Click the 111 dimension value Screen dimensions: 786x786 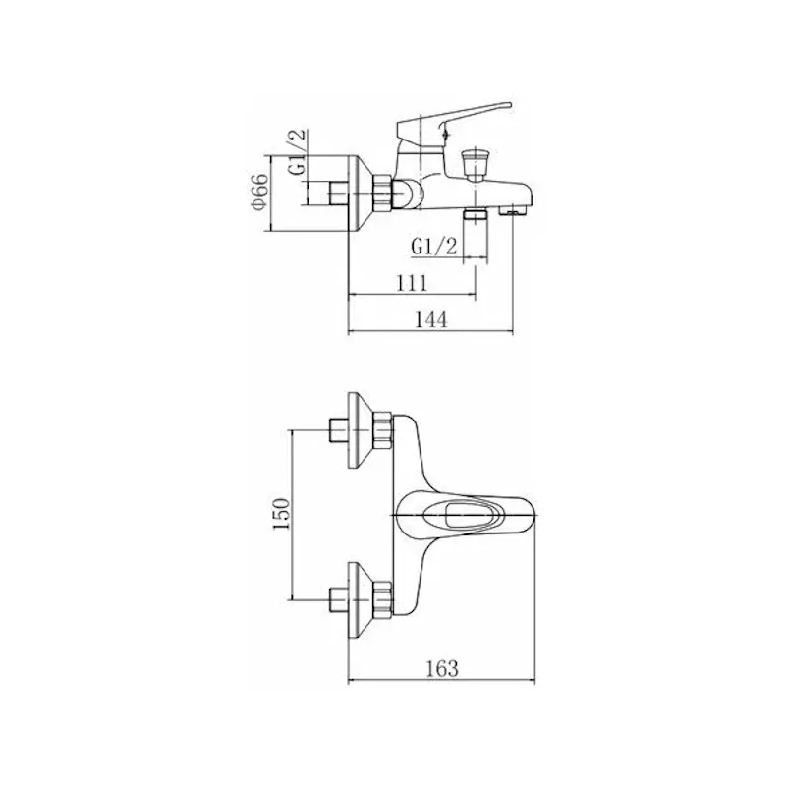(412, 283)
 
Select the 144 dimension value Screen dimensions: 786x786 (431, 319)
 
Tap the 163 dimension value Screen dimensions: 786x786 (442, 668)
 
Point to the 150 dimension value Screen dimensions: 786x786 (281, 514)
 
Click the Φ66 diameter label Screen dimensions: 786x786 (260, 194)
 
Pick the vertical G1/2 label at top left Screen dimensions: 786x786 (297, 152)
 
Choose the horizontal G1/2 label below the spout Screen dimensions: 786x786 (434, 247)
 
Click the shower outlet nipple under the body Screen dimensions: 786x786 (476, 215)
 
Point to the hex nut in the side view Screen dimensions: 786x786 (382, 192)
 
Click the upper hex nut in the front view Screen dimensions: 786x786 (383, 429)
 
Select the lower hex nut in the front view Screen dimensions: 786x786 (383, 598)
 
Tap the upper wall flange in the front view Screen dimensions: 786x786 (362, 429)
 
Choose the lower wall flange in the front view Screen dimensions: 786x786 (362, 599)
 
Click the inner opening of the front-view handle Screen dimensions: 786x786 (460, 516)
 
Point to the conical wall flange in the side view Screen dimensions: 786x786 (362, 193)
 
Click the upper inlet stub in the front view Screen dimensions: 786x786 (338, 429)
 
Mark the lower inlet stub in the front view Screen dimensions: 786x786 (338, 599)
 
